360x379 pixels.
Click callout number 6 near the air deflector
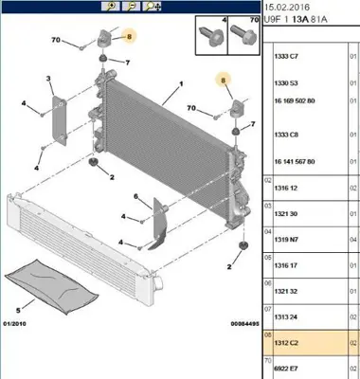coord(137,197)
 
